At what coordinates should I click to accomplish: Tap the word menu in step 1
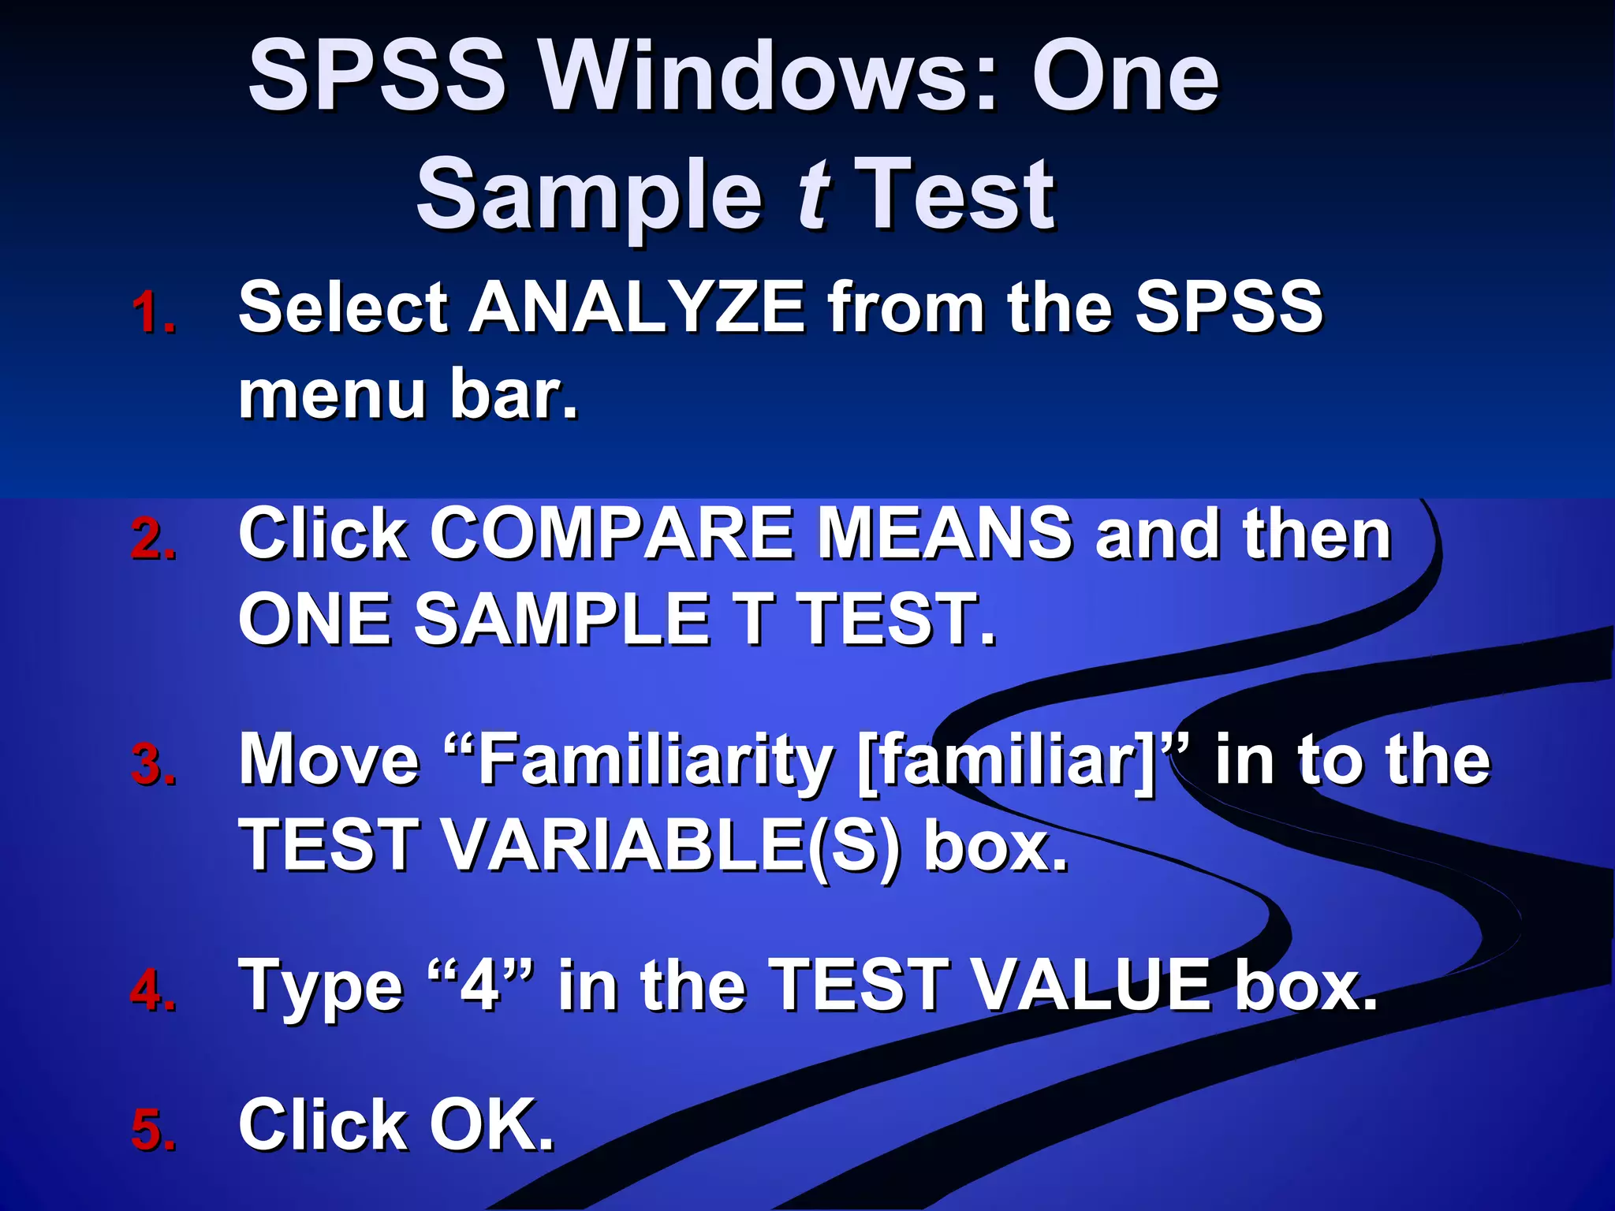(x=332, y=394)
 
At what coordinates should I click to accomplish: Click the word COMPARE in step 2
(x=611, y=535)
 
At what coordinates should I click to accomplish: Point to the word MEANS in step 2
(x=946, y=535)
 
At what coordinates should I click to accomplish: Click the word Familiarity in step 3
(x=655, y=760)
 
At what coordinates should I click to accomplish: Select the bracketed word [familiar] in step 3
(x=1006, y=760)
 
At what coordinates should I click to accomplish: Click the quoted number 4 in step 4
(x=480, y=986)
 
